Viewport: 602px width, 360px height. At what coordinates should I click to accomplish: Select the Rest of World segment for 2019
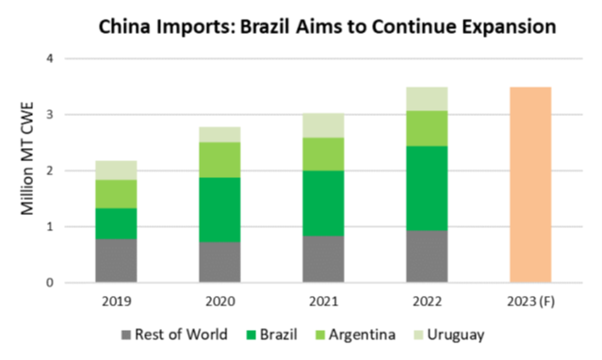point(116,260)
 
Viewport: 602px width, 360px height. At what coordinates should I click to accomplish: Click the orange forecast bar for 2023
point(529,185)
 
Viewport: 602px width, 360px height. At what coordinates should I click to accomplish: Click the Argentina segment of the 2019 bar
point(116,193)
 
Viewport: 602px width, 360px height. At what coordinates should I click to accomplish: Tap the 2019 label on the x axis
point(116,303)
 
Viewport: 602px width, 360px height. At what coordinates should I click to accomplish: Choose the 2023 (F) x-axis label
point(529,303)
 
